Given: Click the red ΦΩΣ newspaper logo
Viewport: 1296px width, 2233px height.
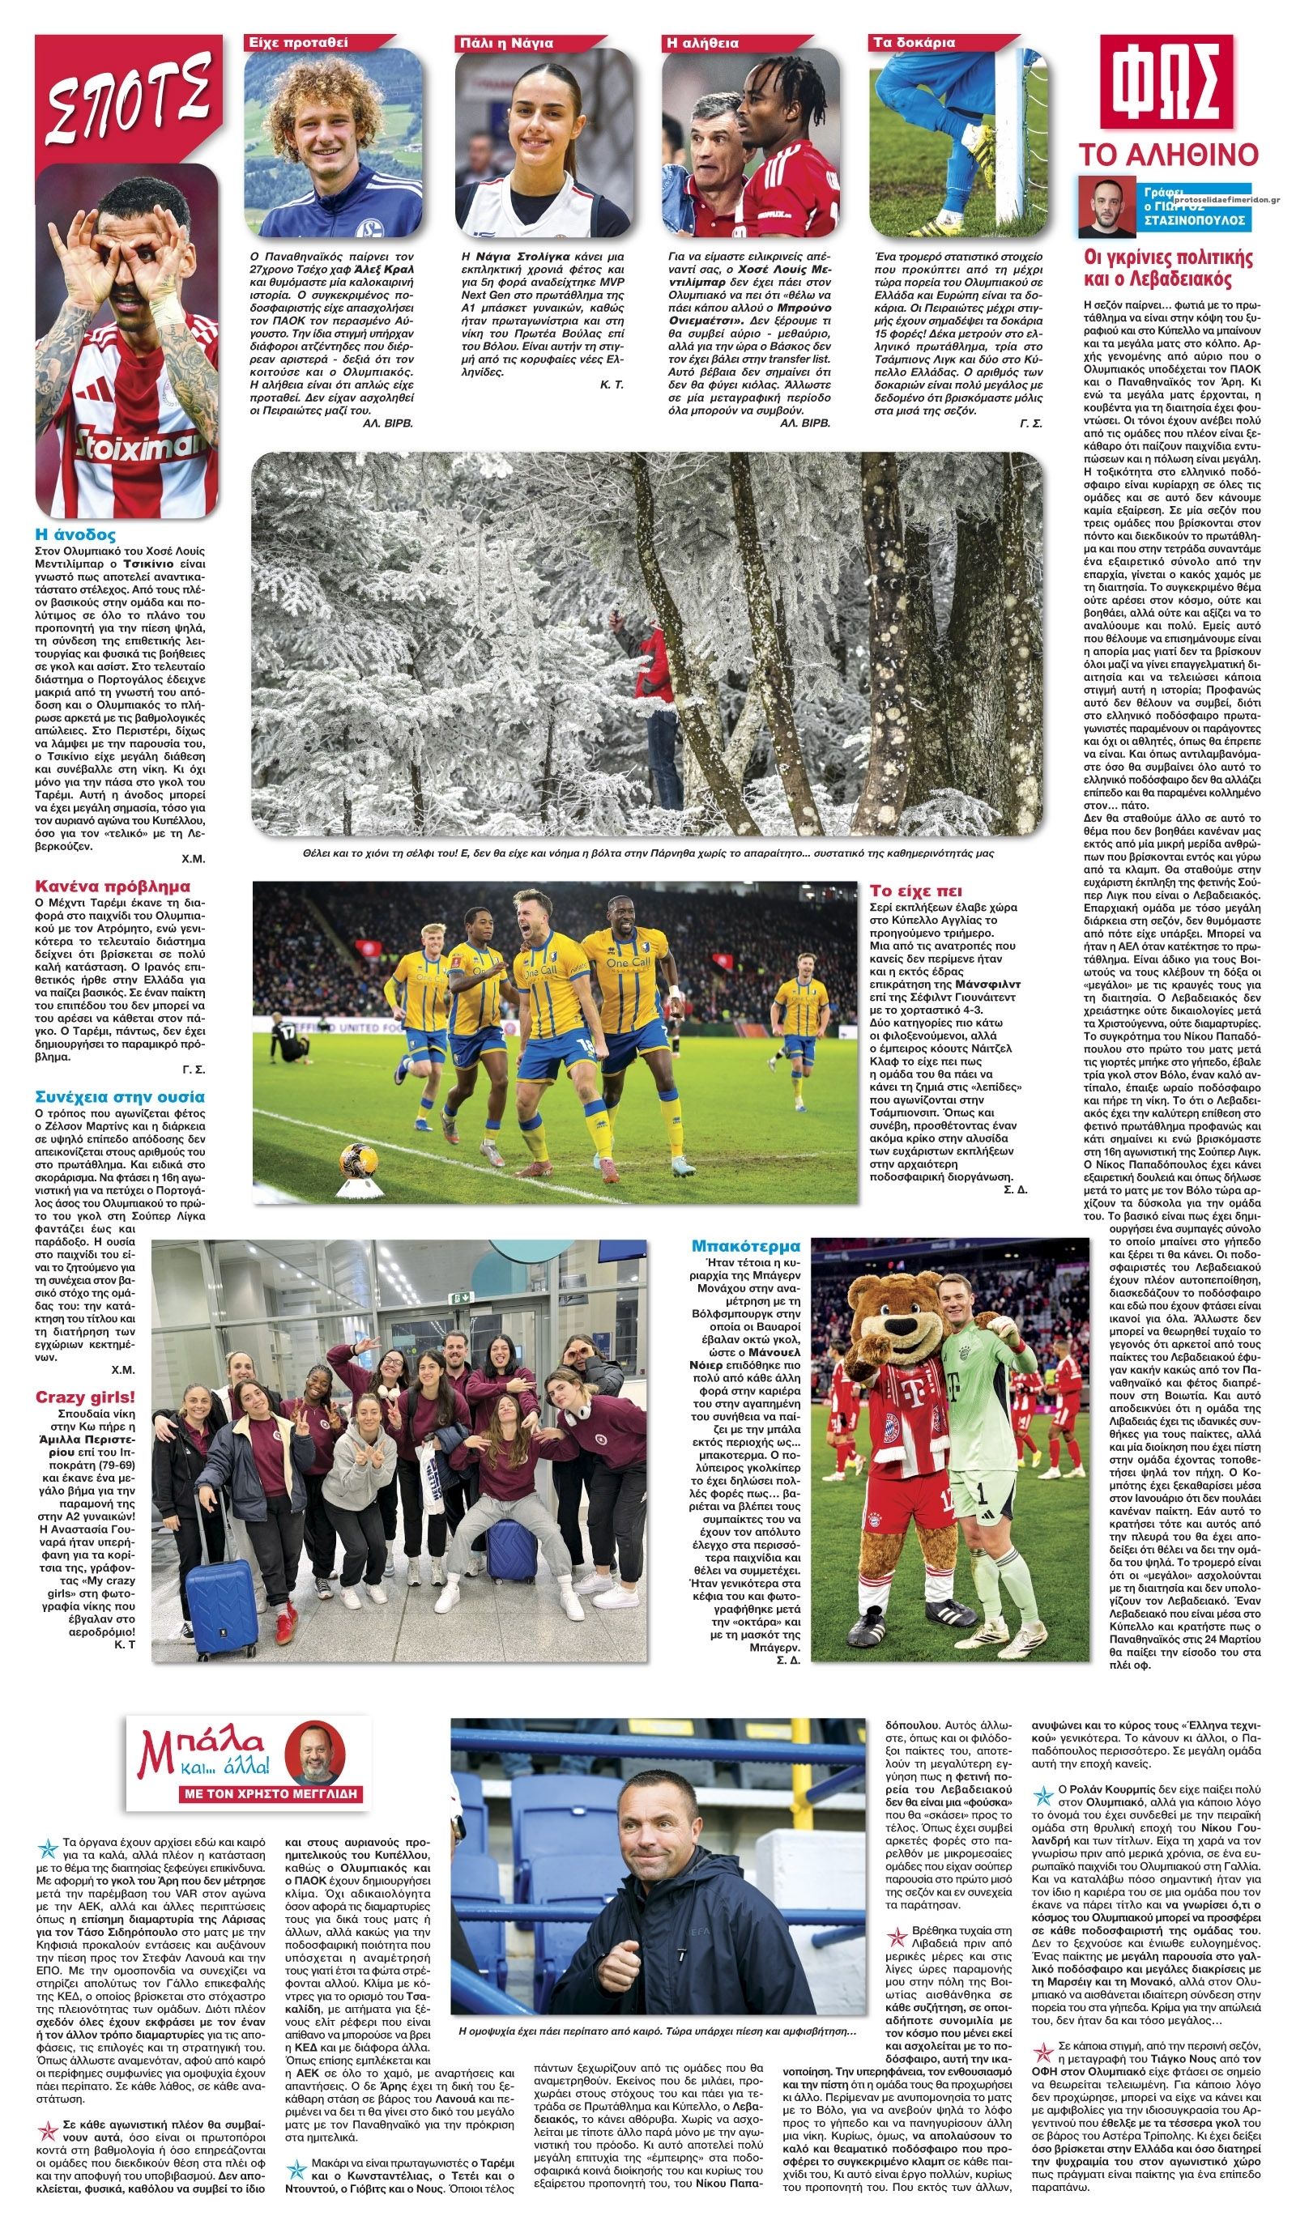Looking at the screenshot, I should point(1166,82).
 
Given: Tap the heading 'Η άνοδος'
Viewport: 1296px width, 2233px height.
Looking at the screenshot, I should point(75,535).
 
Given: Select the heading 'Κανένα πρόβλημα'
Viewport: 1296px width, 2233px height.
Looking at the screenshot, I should point(113,886).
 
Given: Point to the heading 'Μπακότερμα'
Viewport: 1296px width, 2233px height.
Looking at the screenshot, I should point(745,1246).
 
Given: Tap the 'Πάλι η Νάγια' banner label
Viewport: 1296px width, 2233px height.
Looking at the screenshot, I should point(506,41).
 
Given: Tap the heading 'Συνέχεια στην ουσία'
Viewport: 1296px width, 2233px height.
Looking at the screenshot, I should point(120,1097).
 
